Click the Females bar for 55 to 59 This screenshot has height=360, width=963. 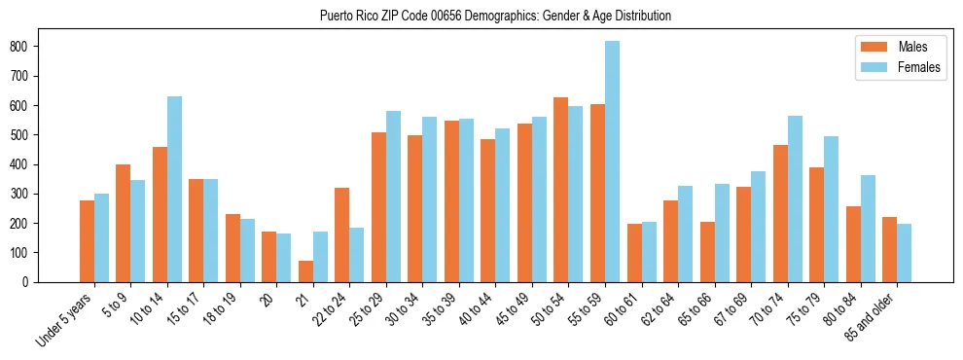click(x=612, y=162)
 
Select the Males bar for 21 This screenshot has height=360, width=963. click(x=305, y=271)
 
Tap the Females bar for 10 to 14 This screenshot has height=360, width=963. click(x=174, y=189)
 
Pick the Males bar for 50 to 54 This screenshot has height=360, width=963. click(x=561, y=190)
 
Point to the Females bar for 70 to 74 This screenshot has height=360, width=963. click(x=795, y=198)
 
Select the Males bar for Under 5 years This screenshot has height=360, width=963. click(x=87, y=241)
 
